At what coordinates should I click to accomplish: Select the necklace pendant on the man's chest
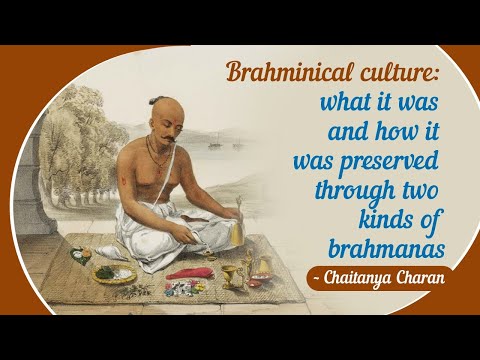click(152, 165)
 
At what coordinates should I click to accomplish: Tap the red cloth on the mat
click(189, 273)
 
